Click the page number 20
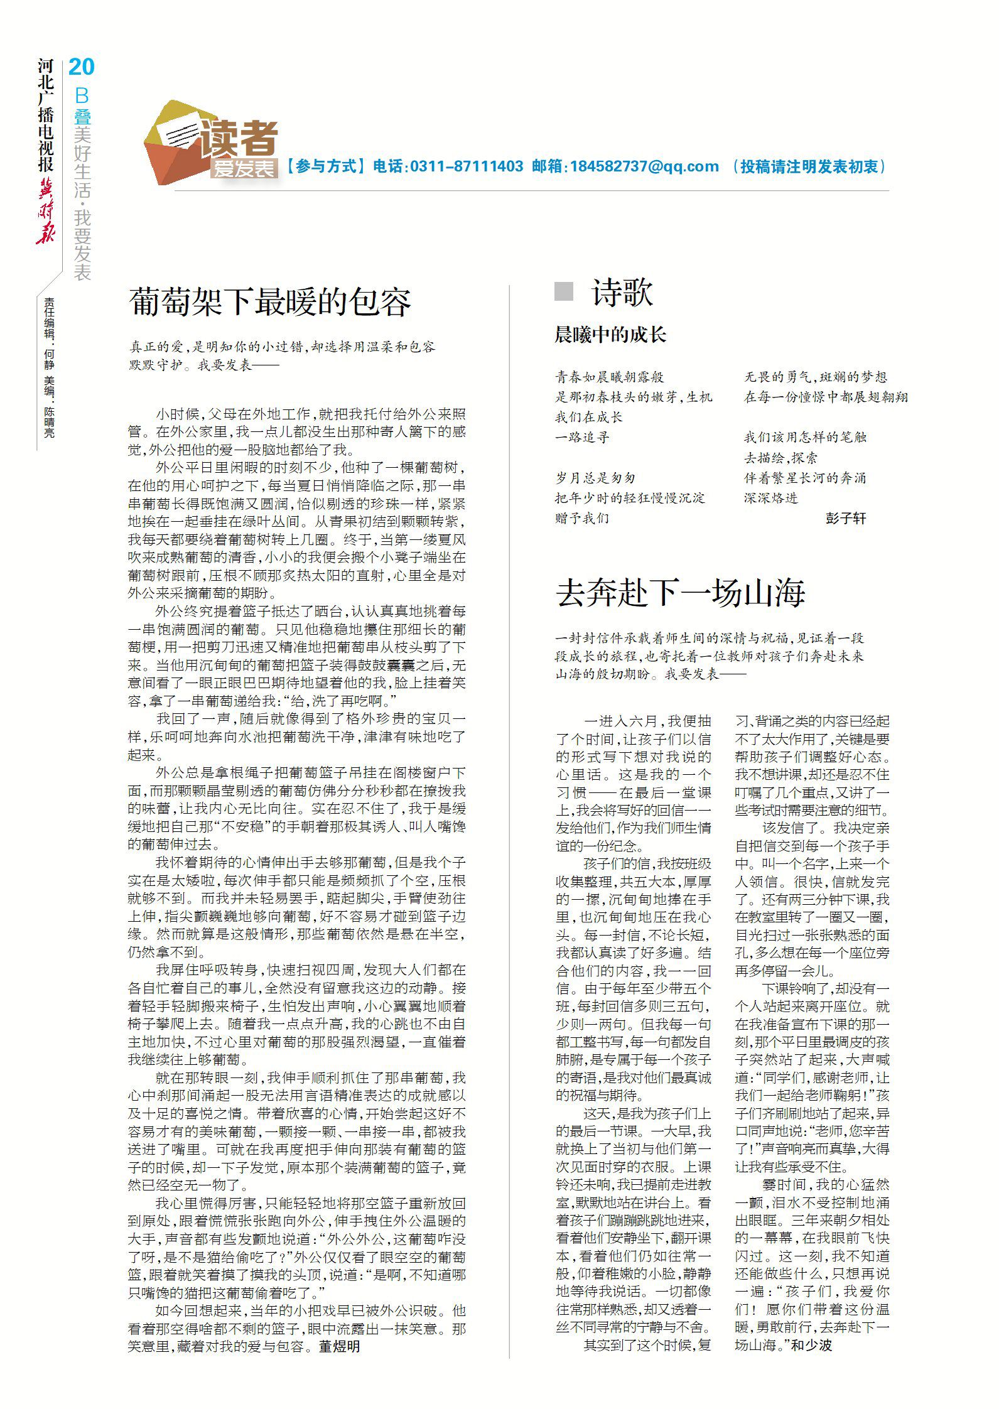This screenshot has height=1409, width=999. click(x=82, y=67)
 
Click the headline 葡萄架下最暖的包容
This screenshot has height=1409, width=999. click(x=270, y=302)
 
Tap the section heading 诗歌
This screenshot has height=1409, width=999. click(x=622, y=293)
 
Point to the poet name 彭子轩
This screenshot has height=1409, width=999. click(x=845, y=518)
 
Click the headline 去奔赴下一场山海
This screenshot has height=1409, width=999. click(x=681, y=592)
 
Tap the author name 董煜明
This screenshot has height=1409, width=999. click(x=340, y=1346)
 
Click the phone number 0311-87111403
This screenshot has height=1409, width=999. click(x=466, y=166)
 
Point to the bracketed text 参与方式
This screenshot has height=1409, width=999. click(x=326, y=166)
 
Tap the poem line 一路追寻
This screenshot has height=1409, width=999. click(x=582, y=438)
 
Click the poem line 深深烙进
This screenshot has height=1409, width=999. click(x=770, y=498)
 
